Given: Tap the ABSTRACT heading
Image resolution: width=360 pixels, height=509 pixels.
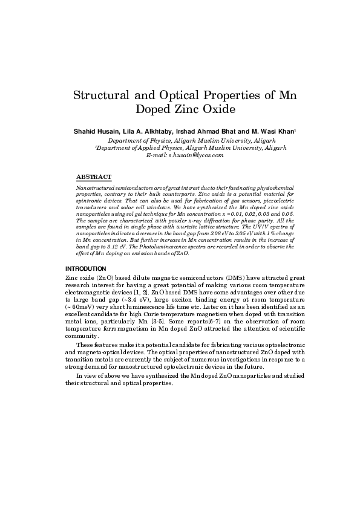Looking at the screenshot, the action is click(x=94, y=177).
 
